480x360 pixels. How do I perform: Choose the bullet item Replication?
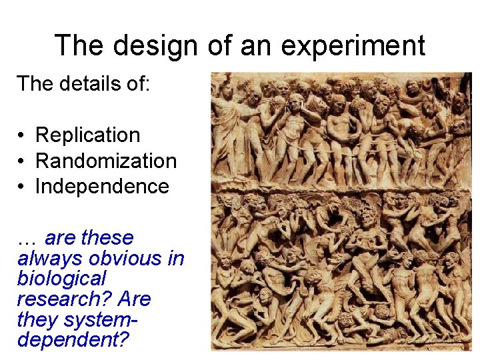coord(87,135)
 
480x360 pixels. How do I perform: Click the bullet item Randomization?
coord(105,161)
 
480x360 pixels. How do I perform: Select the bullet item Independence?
coord(102,187)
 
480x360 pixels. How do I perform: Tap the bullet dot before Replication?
coord(22,136)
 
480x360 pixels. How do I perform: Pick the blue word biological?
coord(61,279)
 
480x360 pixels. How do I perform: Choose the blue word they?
coord(37,319)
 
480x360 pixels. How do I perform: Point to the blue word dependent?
coord(73,340)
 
